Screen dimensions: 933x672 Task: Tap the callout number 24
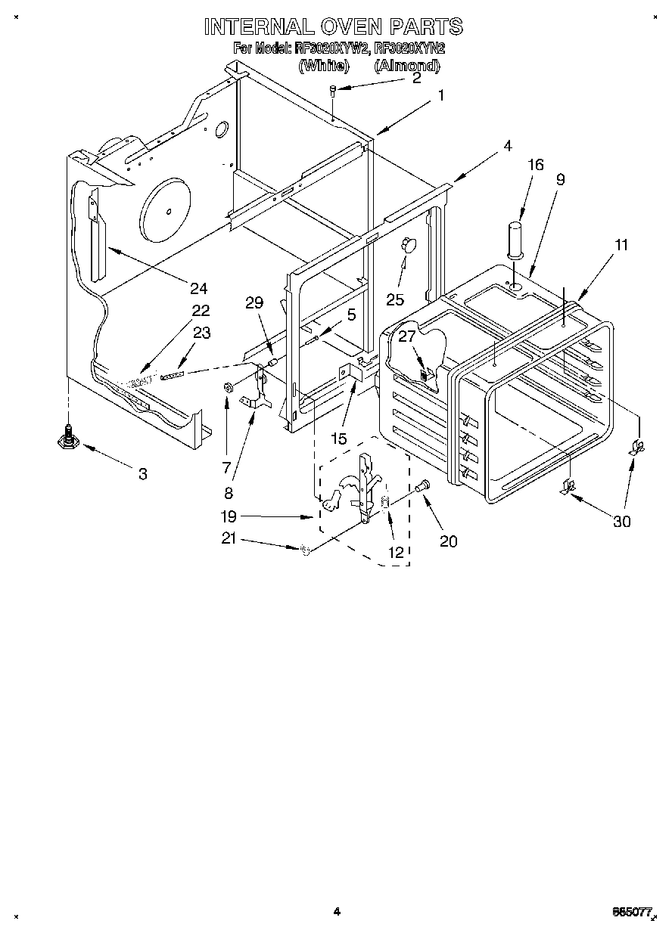pos(199,288)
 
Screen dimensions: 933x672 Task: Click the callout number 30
pos(621,522)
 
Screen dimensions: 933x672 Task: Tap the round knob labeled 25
pos(408,243)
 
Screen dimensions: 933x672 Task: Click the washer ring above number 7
pos(228,388)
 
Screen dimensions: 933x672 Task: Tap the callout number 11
pos(621,245)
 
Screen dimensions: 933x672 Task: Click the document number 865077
pos(633,913)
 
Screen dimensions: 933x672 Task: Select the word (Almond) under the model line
pos(406,66)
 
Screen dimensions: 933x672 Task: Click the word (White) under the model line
pos(323,66)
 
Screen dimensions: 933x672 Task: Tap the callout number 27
pos(407,337)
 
